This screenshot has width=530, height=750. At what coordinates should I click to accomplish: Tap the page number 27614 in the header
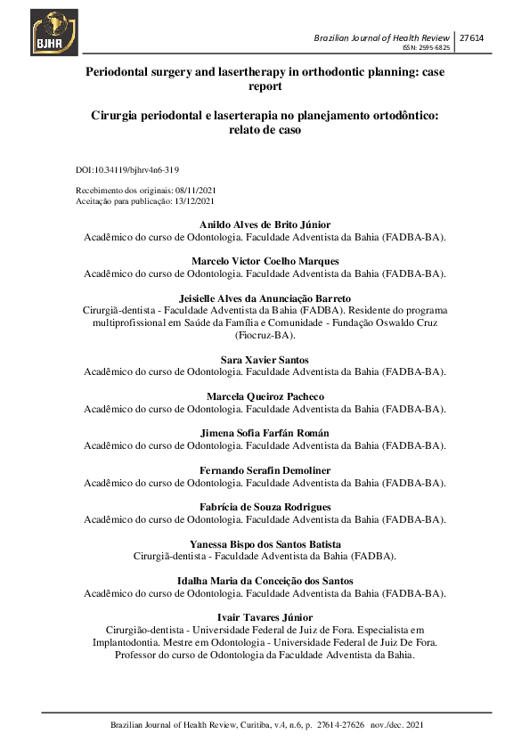pos(470,37)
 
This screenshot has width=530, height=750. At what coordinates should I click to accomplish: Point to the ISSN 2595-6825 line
pos(427,48)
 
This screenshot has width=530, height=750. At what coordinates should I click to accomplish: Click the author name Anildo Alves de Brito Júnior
pos(265,224)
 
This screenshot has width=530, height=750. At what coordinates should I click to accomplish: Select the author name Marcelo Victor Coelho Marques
pos(265,261)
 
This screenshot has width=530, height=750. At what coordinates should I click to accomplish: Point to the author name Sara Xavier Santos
pos(265,359)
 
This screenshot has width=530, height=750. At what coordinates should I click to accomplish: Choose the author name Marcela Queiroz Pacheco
pos(265,396)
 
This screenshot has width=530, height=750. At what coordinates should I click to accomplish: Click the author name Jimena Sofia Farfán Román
pos(265,433)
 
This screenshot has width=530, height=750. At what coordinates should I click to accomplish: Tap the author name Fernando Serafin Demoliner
pos(265,470)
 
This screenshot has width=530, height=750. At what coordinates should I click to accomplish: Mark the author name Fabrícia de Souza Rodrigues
pos(265,507)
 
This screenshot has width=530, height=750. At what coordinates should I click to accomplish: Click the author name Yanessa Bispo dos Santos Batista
pos(265,543)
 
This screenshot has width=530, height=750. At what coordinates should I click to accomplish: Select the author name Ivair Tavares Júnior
pos(265,617)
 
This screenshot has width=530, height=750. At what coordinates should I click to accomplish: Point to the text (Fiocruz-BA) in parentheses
pos(265,336)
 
